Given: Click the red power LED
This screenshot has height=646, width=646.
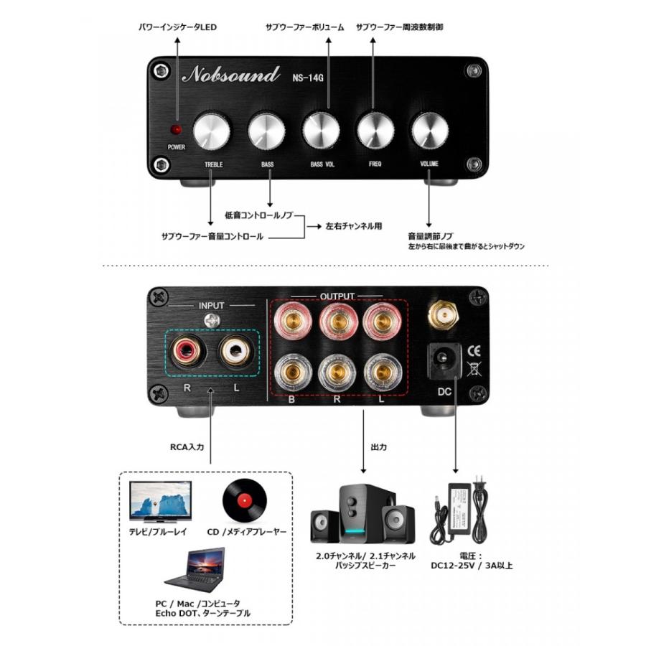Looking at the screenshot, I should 175,130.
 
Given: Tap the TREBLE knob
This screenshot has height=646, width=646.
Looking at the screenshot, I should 212,131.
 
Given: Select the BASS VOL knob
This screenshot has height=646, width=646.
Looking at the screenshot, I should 321,131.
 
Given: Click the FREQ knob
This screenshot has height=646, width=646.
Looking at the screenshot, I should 375,131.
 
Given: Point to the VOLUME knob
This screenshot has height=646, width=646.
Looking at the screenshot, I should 430,131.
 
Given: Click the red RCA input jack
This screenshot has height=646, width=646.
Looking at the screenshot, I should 189,351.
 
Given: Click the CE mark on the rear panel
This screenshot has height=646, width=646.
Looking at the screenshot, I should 474,351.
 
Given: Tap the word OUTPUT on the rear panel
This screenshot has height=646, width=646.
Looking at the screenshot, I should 337,296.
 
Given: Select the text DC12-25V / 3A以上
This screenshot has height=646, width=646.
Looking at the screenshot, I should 472,566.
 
